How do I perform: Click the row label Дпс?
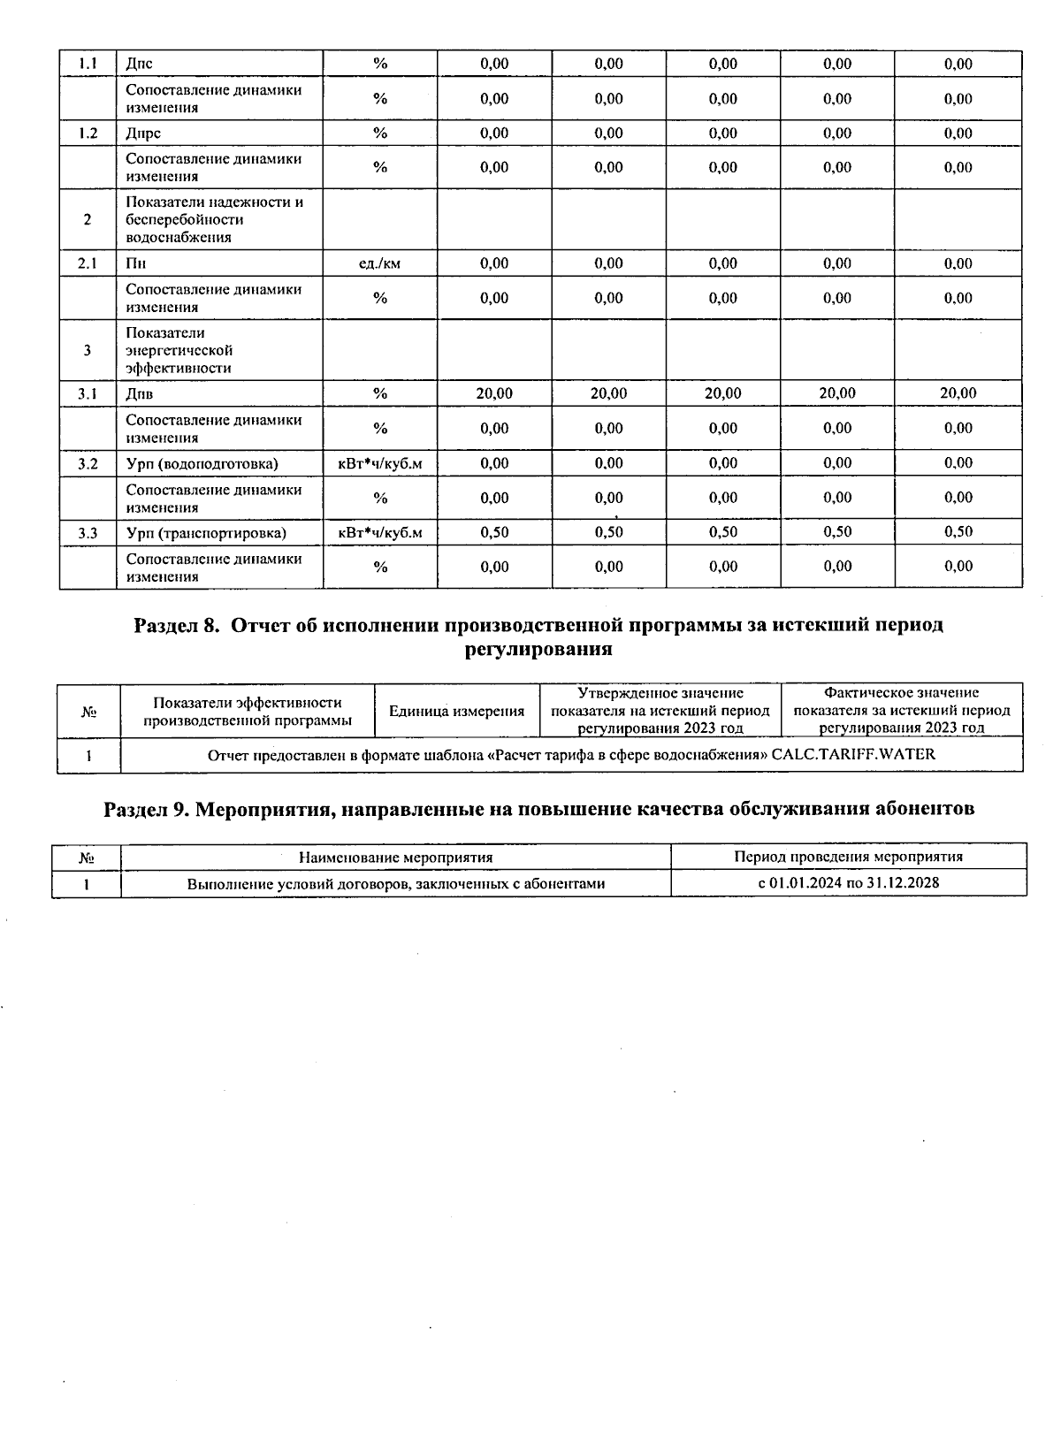(140, 64)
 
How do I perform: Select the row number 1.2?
(88, 133)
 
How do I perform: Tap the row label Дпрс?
(143, 133)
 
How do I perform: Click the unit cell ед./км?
(380, 263)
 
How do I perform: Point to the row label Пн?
(135, 263)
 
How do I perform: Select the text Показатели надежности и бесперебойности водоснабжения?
(214, 219)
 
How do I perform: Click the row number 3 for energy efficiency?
(88, 350)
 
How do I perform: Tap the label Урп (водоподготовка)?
(202, 463)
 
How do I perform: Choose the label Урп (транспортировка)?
(206, 533)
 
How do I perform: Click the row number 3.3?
(88, 533)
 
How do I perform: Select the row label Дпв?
(140, 394)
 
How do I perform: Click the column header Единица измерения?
(456, 711)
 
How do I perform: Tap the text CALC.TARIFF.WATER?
(853, 755)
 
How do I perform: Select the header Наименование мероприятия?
(395, 857)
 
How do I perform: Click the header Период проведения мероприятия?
(848, 857)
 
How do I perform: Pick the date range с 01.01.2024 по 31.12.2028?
(848, 883)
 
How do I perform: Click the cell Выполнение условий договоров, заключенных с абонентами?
(395, 883)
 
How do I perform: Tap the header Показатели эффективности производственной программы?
(248, 711)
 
